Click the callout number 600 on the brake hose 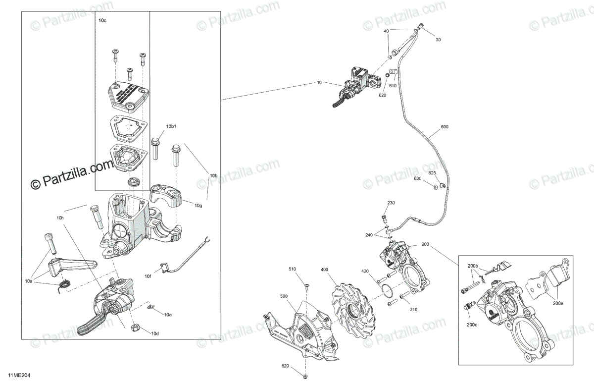tap(444, 127)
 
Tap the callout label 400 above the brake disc tap(324, 270)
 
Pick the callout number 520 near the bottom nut tap(285, 366)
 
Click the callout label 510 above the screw tap(293, 269)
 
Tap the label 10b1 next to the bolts tap(171, 127)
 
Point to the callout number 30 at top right tap(438, 40)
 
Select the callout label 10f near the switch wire tap(148, 276)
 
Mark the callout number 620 tap(382, 95)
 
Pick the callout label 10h tap(60, 218)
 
